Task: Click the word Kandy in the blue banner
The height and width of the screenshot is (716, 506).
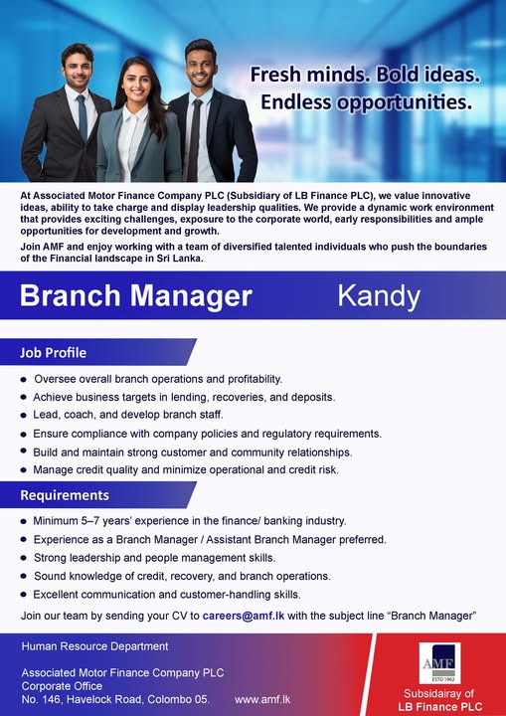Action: pyautogui.click(x=379, y=295)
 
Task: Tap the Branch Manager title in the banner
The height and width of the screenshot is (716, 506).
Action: pyautogui.click(x=136, y=295)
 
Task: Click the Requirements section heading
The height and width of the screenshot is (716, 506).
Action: pyautogui.click(x=65, y=494)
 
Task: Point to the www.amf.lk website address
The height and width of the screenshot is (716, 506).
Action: pyautogui.click(x=262, y=699)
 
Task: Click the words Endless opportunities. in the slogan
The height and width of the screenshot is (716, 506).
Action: pyautogui.click(x=366, y=101)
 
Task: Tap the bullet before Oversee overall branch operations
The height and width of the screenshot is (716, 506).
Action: pyautogui.click(x=23, y=379)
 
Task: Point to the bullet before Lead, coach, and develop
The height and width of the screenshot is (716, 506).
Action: pyautogui.click(x=23, y=415)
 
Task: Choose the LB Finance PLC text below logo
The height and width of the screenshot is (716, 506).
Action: pyautogui.click(x=438, y=707)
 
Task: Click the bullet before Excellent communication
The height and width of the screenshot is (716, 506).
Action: pyautogui.click(x=23, y=594)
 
